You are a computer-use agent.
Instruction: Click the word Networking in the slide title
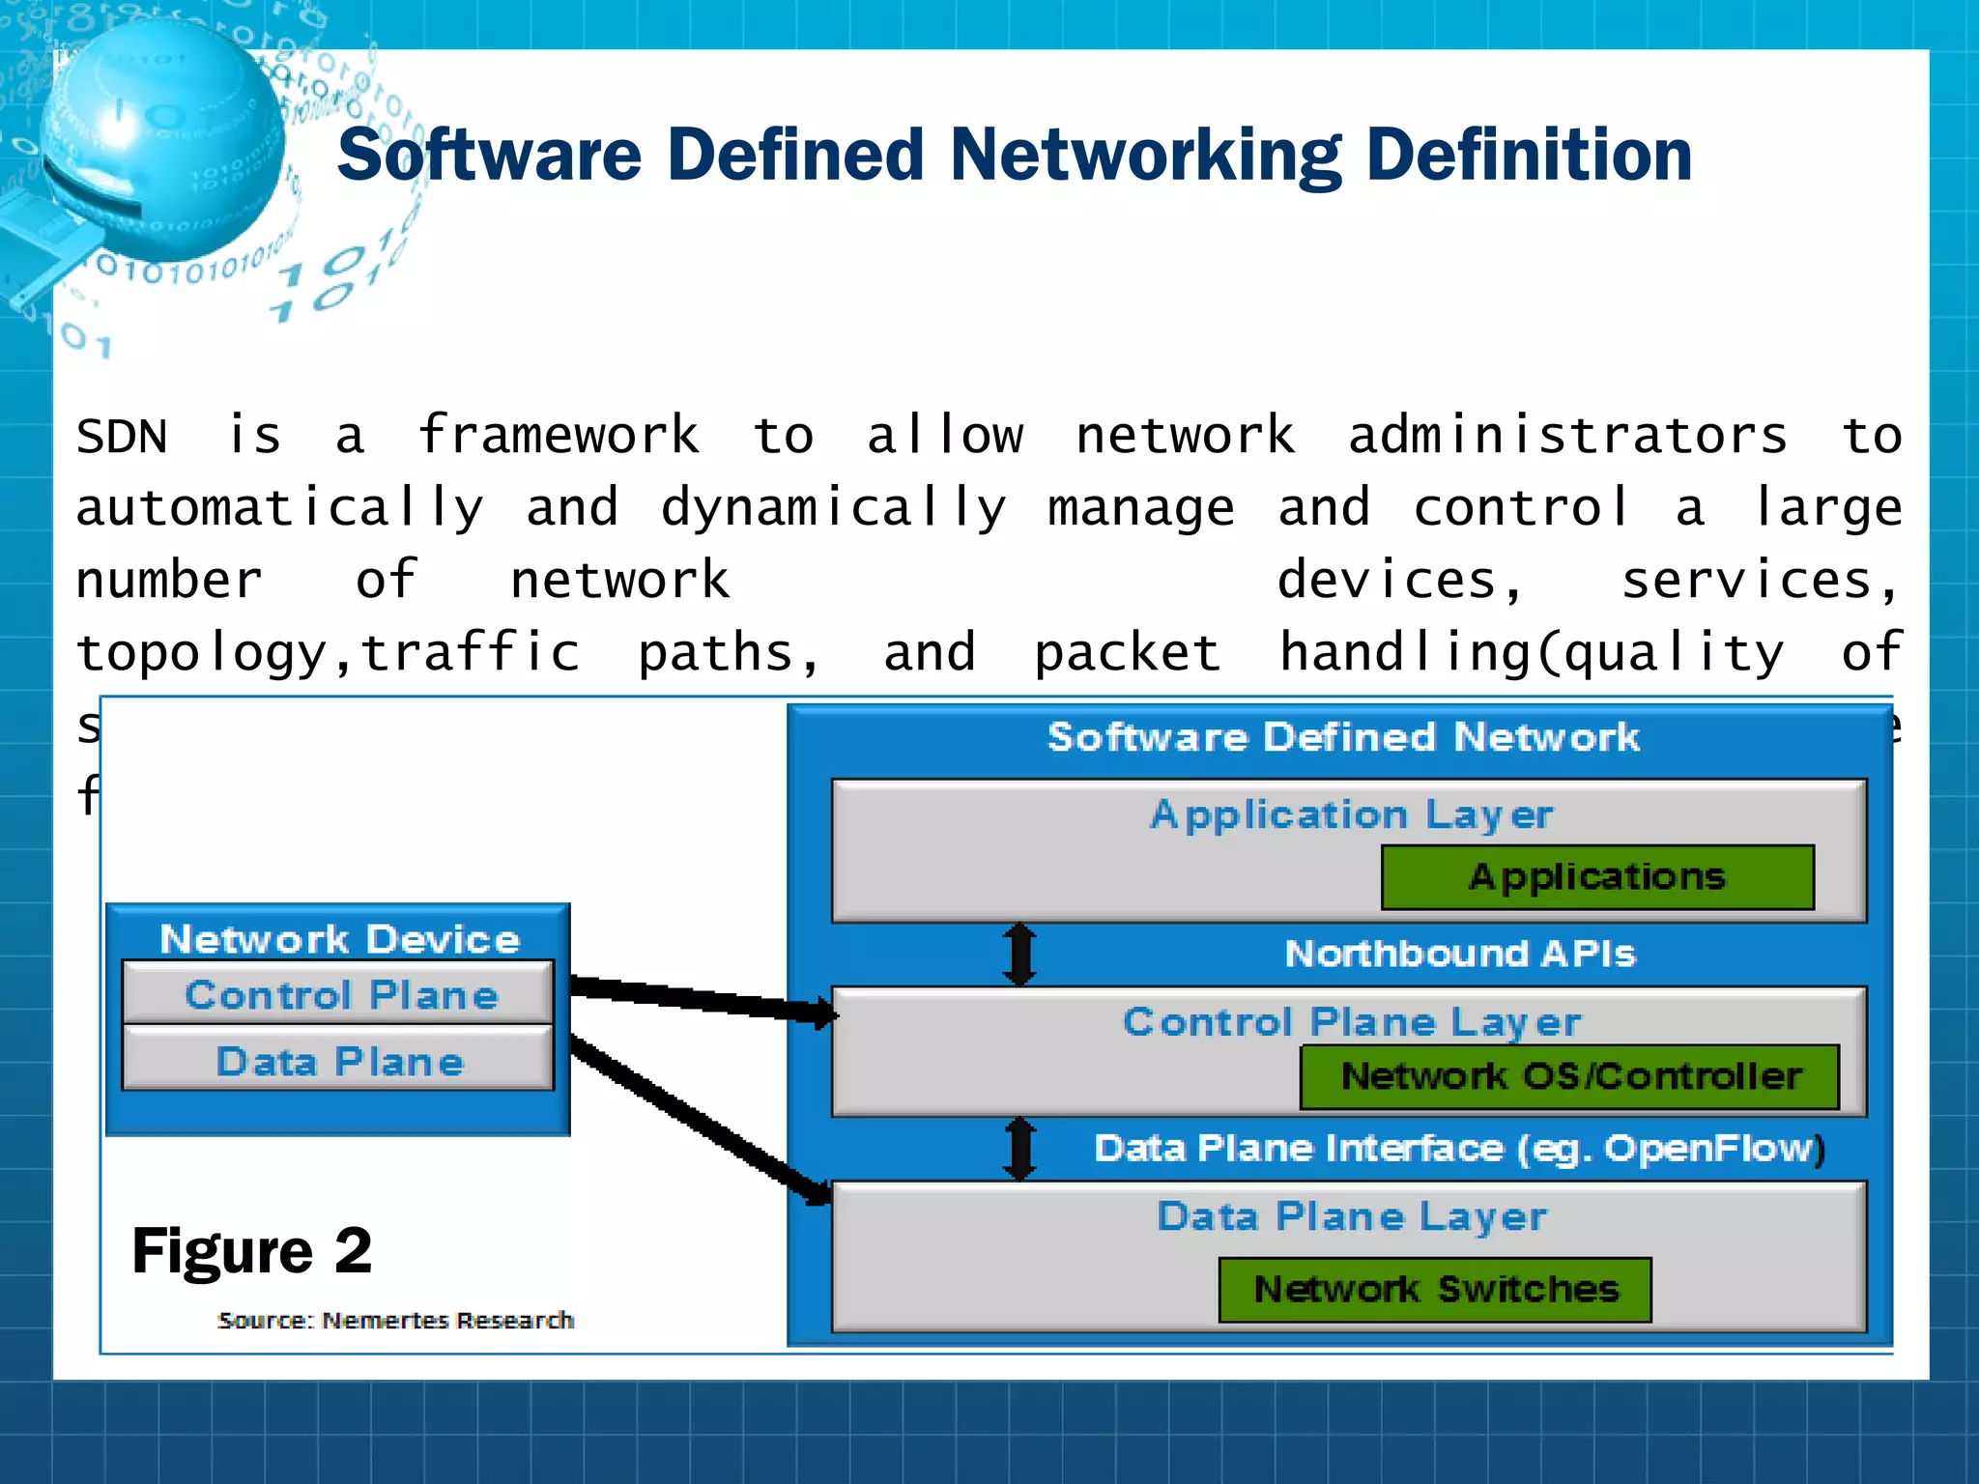click(x=1145, y=157)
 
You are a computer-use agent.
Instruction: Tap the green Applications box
click(x=1597, y=877)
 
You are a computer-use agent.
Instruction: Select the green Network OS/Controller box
click(x=1570, y=1076)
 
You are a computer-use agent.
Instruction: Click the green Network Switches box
click(x=1435, y=1290)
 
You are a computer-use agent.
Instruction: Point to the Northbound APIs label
click(x=1459, y=954)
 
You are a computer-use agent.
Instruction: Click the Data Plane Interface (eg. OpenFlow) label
click(x=1459, y=1149)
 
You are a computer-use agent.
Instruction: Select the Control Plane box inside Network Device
click(x=338, y=994)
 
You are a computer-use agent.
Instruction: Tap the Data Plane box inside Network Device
click(x=338, y=1061)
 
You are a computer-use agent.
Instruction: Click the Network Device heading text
click(x=339, y=939)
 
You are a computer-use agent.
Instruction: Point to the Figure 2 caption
click(x=251, y=1251)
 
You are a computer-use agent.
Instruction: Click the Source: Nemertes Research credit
click(x=395, y=1320)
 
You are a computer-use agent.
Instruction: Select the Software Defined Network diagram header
click(x=1343, y=737)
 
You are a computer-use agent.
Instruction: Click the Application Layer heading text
click(x=1351, y=814)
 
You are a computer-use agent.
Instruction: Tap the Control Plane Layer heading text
click(x=1351, y=1022)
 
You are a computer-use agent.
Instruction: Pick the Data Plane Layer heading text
click(x=1351, y=1216)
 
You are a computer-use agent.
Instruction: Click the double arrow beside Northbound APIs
click(x=1019, y=954)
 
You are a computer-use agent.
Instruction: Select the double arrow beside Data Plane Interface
click(x=1019, y=1149)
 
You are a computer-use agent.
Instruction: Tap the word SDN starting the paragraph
click(x=122, y=436)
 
